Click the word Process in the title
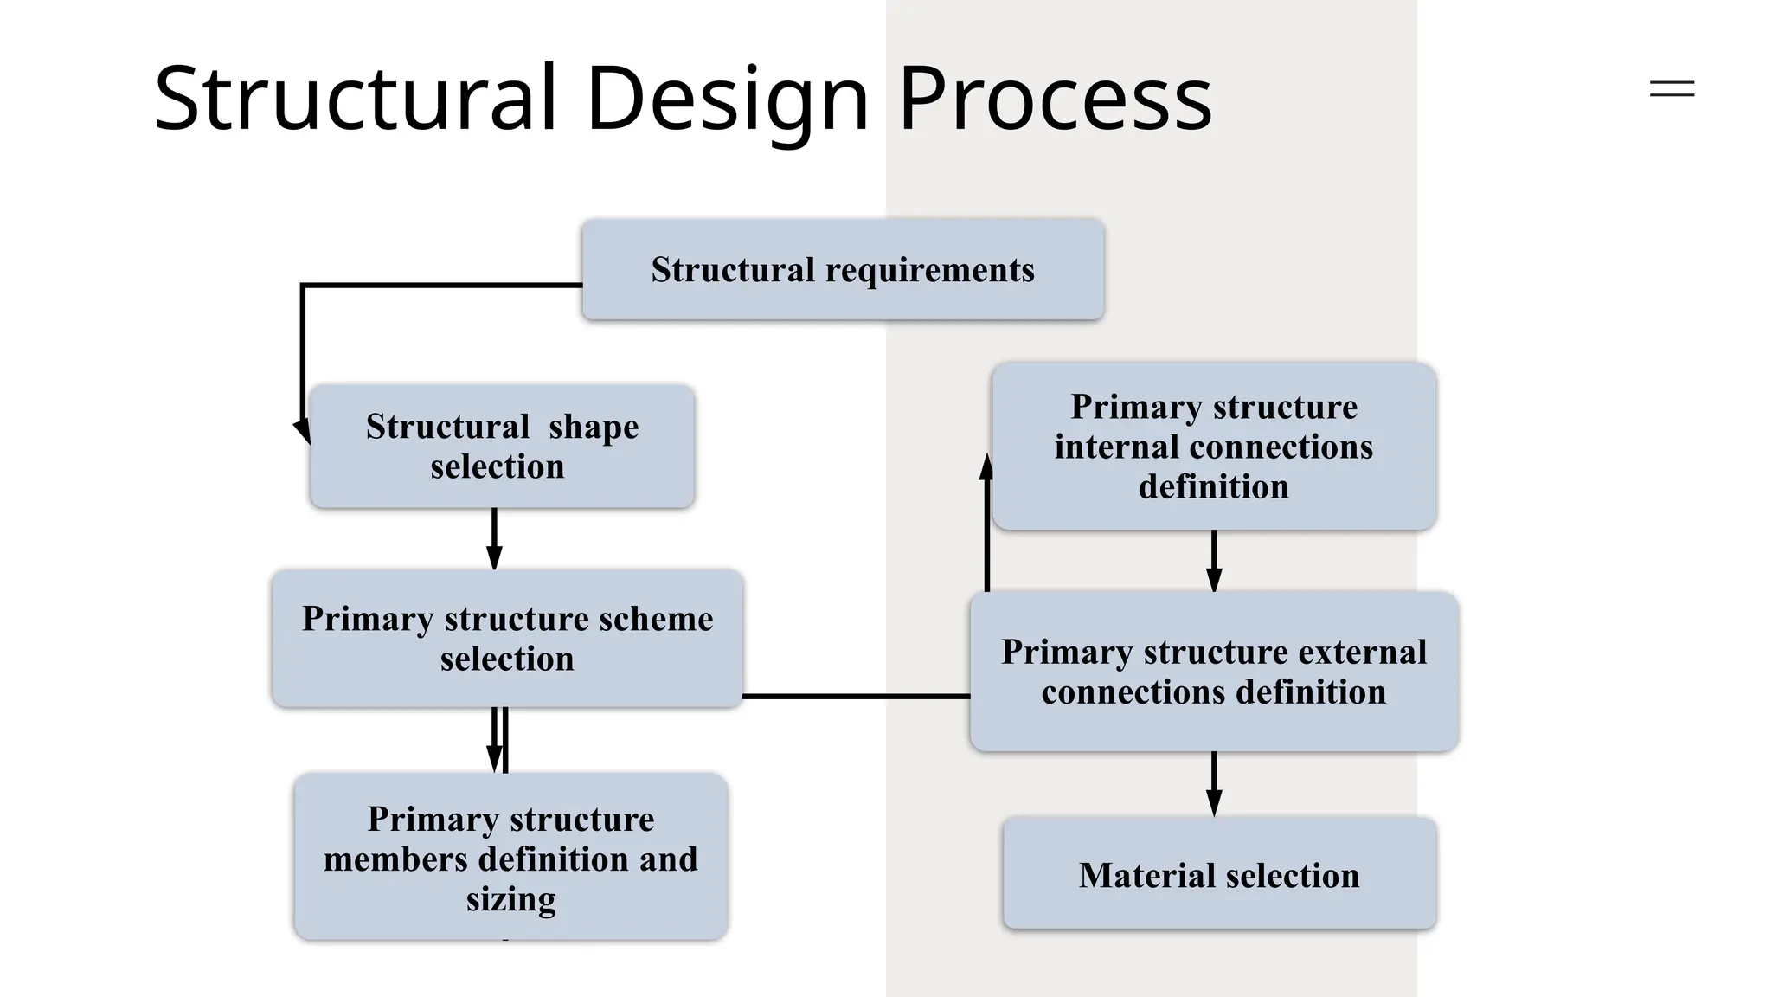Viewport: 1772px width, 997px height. [1055, 100]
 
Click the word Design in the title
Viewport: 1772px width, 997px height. [727, 100]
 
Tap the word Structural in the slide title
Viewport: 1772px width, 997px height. [355, 100]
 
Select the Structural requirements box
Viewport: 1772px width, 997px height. [843, 269]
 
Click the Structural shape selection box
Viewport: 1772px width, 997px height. [502, 446]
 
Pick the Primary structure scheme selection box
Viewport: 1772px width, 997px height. [507, 638]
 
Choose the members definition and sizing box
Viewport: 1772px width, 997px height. [510, 857]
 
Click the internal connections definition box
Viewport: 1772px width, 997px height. [1213, 447]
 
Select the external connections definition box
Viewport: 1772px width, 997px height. [1213, 672]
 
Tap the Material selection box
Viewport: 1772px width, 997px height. [1219, 874]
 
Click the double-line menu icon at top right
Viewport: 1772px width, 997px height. [1672, 88]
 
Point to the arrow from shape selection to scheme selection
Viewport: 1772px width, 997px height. [494, 538]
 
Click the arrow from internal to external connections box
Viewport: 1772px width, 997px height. [1214, 561]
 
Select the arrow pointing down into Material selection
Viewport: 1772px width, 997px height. [1214, 783]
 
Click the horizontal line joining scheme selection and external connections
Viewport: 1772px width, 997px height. [857, 696]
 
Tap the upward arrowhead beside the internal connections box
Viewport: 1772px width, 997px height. [986, 467]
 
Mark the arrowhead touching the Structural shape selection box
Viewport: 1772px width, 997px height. [303, 430]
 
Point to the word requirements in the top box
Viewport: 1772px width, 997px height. [930, 270]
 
